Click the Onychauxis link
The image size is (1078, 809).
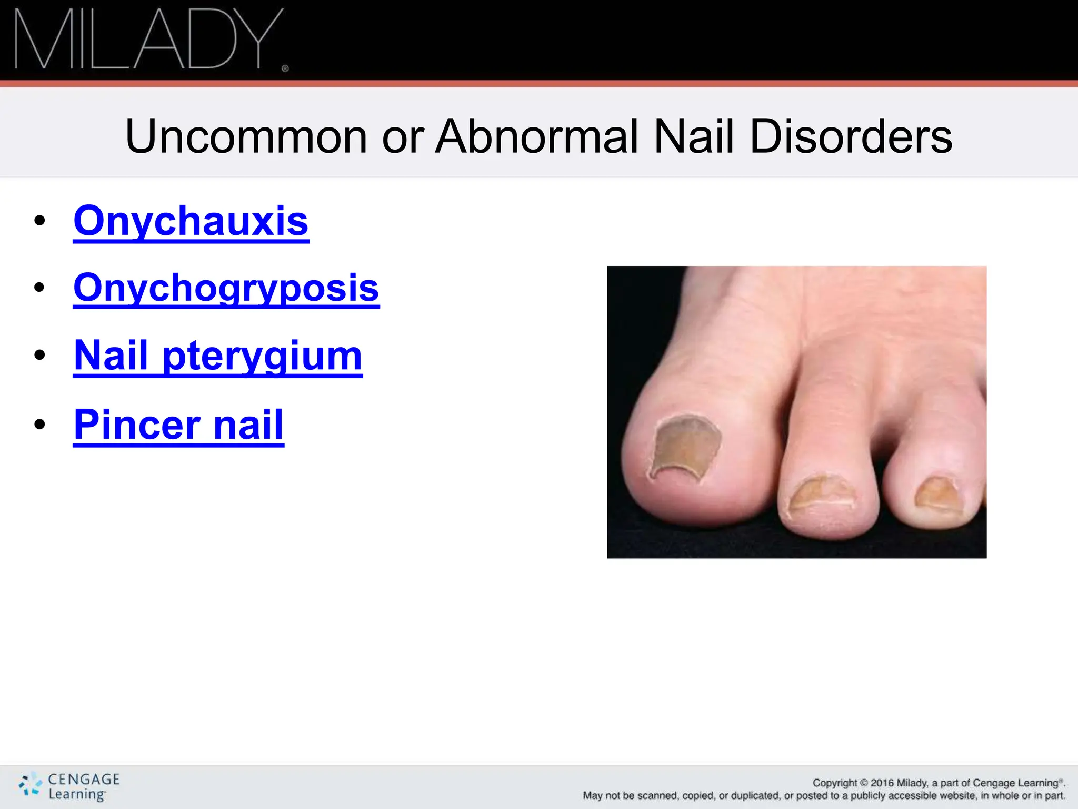191,221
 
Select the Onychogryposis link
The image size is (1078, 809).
226,288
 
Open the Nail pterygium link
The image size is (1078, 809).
218,356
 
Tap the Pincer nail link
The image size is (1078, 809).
178,425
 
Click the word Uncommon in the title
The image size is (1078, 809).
246,136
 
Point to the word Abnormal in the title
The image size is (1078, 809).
537,136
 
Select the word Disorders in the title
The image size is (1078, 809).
851,136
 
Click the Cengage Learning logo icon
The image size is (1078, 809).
30,784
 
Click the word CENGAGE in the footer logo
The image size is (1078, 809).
84,779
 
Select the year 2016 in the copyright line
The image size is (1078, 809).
882,783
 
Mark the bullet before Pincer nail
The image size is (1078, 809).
39,425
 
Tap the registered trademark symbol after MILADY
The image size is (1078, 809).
285,68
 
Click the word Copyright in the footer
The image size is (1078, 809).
835,783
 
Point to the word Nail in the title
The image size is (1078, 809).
693,136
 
